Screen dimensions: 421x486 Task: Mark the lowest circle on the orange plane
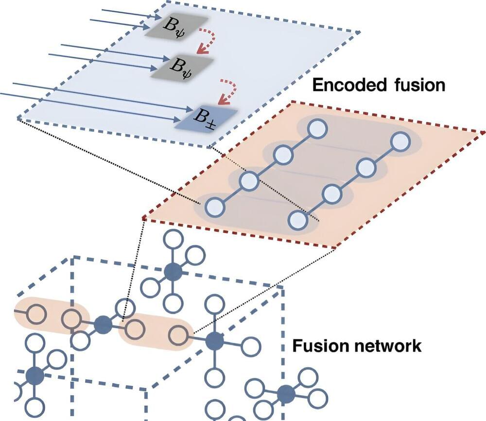click(x=297, y=220)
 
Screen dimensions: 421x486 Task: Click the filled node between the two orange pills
click(x=103, y=324)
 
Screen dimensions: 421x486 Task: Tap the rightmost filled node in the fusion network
click(x=286, y=392)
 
